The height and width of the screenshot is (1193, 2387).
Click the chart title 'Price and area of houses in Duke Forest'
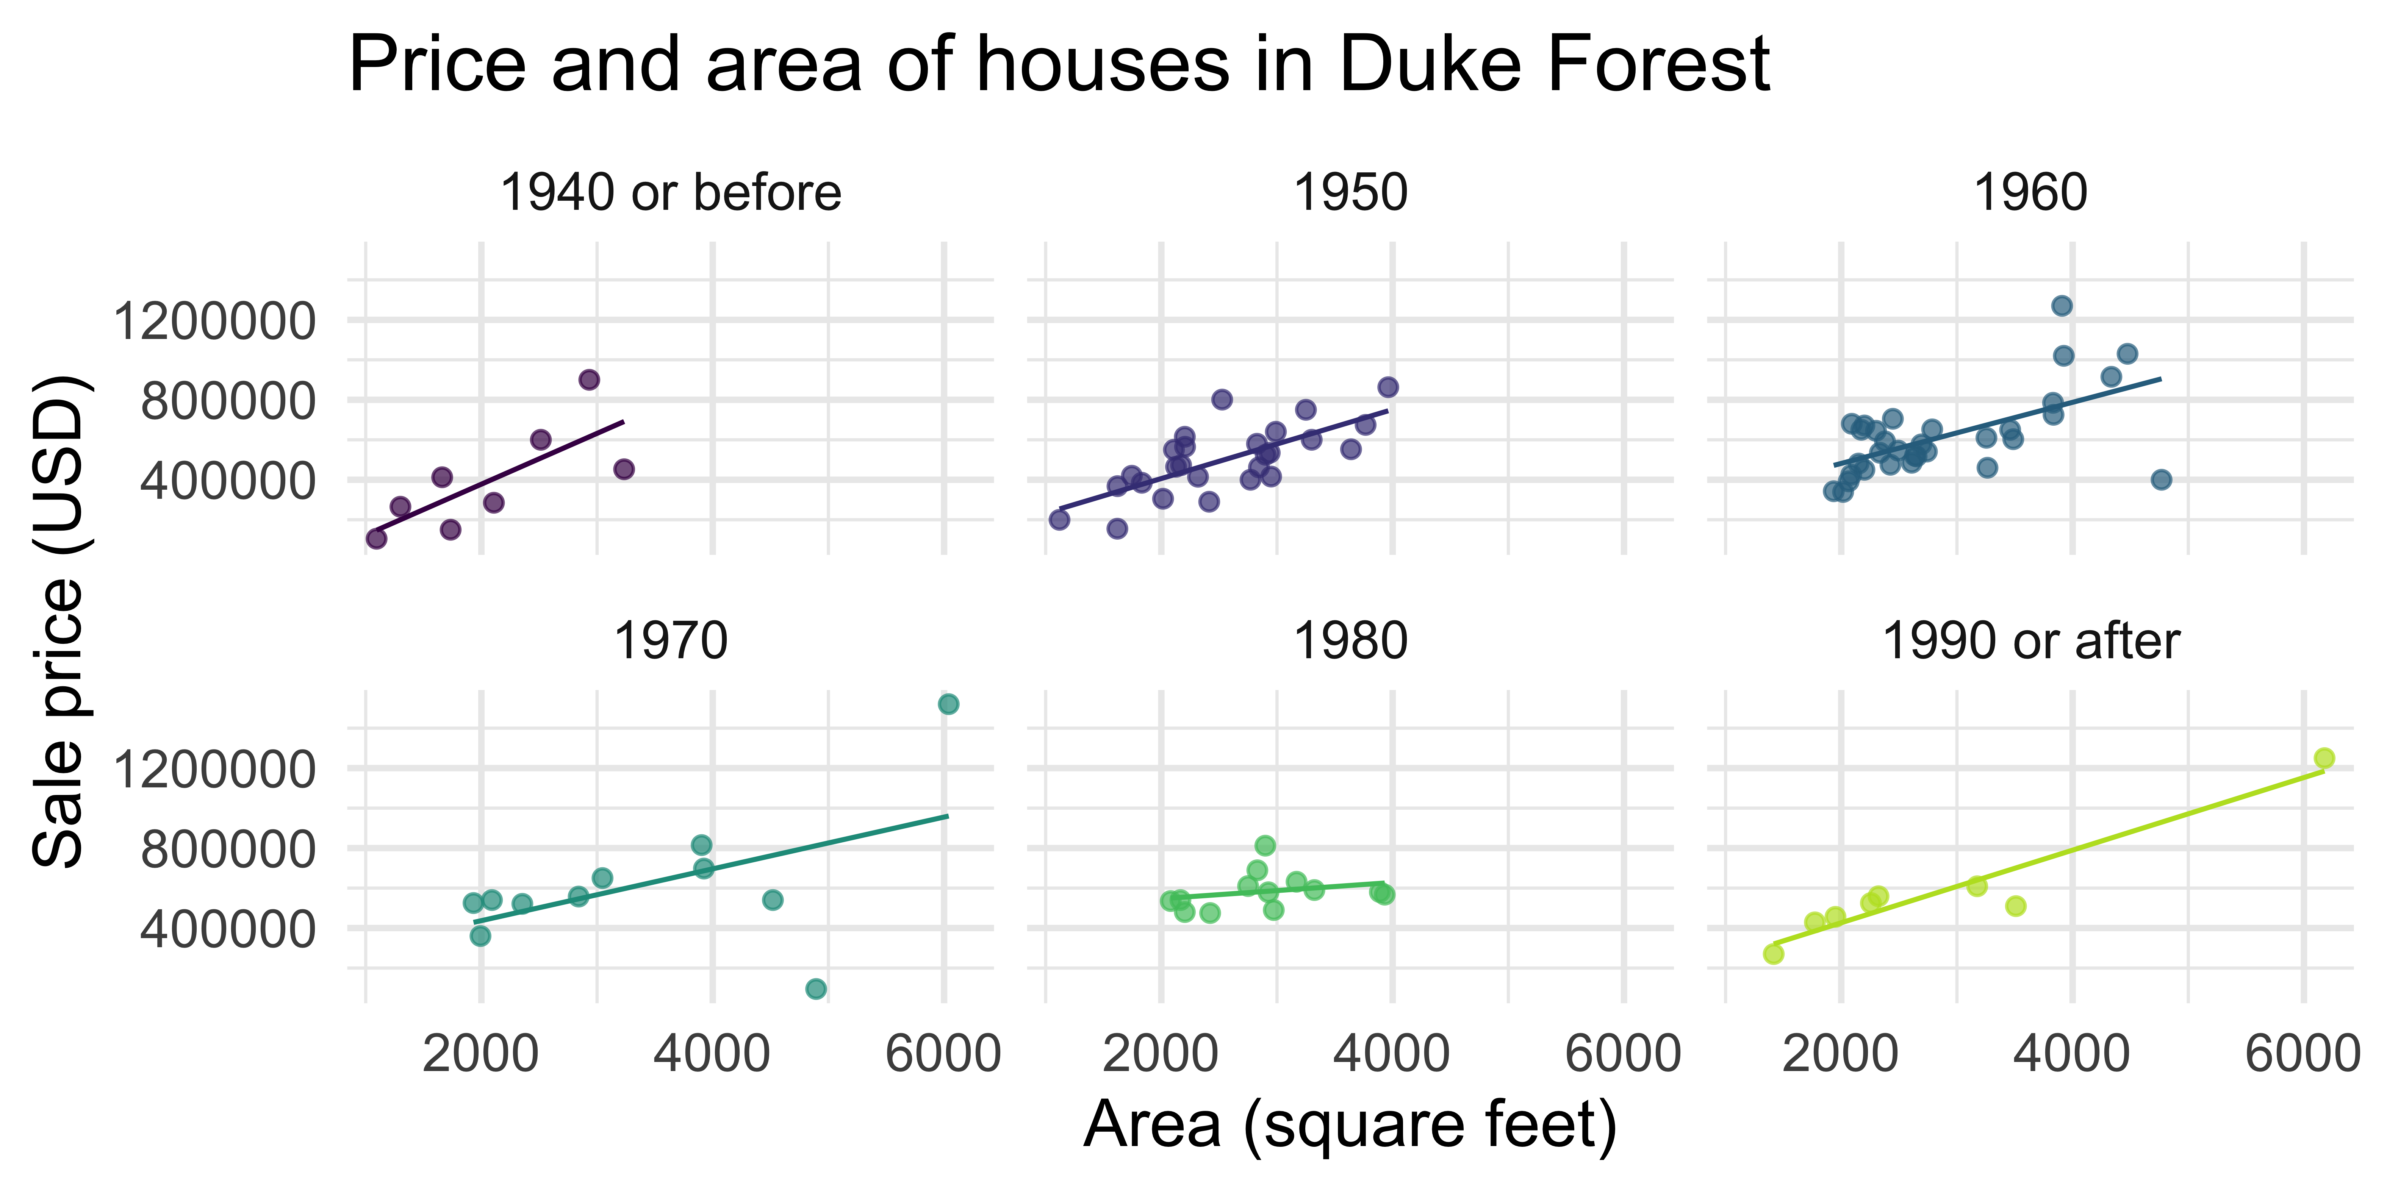tap(1058, 65)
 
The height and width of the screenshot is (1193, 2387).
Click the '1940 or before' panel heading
tap(670, 194)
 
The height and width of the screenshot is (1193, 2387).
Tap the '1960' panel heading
tap(2030, 194)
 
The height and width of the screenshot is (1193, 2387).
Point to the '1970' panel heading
tap(670, 641)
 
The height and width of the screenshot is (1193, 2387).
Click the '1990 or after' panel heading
tap(2030, 641)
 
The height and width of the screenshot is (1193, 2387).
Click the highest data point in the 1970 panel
tap(948, 704)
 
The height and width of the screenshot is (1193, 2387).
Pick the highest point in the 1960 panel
tap(2062, 306)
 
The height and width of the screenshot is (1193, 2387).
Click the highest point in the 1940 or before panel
tap(588, 380)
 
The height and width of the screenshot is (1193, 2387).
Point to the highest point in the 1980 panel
tap(1265, 846)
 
